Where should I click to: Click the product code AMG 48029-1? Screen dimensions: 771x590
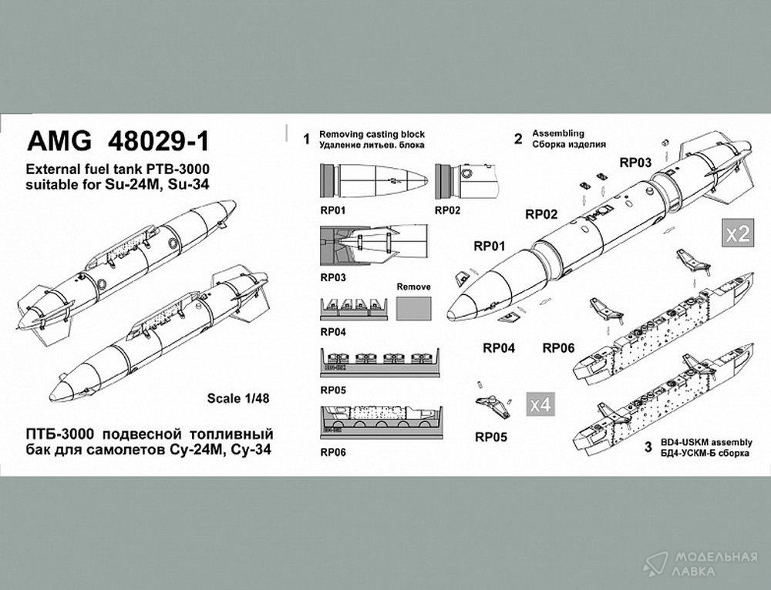pyautogui.click(x=118, y=142)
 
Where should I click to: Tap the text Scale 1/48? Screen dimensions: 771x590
pyautogui.click(x=238, y=398)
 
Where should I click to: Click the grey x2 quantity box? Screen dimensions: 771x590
pyautogui.click(x=738, y=233)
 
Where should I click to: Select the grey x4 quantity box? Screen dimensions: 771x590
pyautogui.click(x=540, y=404)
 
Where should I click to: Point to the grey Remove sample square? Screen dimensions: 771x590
pyautogui.click(x=413, y=309)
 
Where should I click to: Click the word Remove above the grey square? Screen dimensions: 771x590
pyautogui.click(x=413, y=287)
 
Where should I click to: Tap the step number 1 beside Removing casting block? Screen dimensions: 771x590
pyautogui.click(x=307, y=139)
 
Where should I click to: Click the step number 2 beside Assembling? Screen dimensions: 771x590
pyautogui.click(x=518, y=139)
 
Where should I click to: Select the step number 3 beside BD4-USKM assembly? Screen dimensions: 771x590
pyautogui.click(x=648, y=447)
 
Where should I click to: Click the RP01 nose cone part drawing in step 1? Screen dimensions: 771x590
pyautogui.click(x=374, y=180)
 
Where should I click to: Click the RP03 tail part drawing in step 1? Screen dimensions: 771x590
pyautogui.click(x=374, y=245)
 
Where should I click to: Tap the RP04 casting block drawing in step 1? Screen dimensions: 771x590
pyautogui.click(x=354, y=309)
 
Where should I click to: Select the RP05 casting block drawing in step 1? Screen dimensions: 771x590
pyautogui.click(x=380, y=363)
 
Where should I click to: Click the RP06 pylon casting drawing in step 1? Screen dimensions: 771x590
pyautogui.click(x=381, y=422)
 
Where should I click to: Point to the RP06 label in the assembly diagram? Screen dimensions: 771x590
pyautogui.click(x=558, y=348)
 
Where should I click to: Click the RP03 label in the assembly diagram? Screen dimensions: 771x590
pyautogui.click(x=635, y=163)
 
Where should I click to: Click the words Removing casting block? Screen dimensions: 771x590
pyautogui.click(x=372, y=134)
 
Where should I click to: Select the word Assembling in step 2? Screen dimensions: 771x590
pyautogui.click(x=558, y=133)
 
